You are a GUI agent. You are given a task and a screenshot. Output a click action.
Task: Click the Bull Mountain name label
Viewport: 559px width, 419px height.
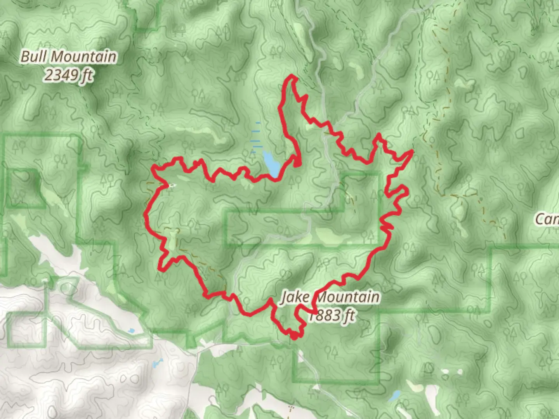tap(68, 57)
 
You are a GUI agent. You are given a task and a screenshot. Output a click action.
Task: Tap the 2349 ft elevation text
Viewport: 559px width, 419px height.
tap(68, 75)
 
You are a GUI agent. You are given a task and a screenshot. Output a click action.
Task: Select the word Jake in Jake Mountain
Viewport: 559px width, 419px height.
tap(295, 298)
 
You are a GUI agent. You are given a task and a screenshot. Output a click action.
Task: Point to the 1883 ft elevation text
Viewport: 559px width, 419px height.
tap(331, 315)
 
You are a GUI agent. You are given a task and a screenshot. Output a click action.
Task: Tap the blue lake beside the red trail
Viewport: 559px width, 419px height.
tap(271, 163)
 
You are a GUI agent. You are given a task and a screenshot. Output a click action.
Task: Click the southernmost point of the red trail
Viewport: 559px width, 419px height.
tap(294, 338)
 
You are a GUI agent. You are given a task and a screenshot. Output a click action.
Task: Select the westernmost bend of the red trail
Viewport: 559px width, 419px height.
tap(146, 214)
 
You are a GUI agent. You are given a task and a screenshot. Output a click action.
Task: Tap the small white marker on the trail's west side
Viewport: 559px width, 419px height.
tap(171, 185)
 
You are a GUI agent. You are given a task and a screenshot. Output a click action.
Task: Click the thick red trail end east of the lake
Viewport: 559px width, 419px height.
tap(297, 164)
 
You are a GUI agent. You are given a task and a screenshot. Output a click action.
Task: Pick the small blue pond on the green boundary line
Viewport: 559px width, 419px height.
tap(131, 331)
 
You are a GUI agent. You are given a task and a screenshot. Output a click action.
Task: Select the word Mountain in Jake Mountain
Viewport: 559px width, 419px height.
tap(347, 298)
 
